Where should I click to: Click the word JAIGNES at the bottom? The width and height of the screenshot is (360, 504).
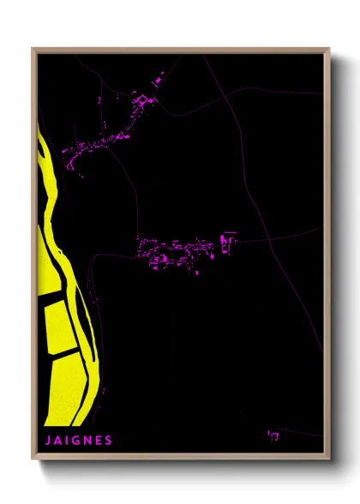[x=78, y=441]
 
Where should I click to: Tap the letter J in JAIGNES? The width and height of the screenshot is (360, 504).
[x=47, y=441]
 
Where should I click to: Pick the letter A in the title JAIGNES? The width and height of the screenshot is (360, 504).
[x=57, y=441]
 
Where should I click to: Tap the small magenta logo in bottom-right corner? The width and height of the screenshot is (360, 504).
[x=273, y=437]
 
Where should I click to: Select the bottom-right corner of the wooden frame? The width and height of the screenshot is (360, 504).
[x=329, y=458]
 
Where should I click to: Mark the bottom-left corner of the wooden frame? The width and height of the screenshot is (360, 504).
[x=33, y=458]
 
